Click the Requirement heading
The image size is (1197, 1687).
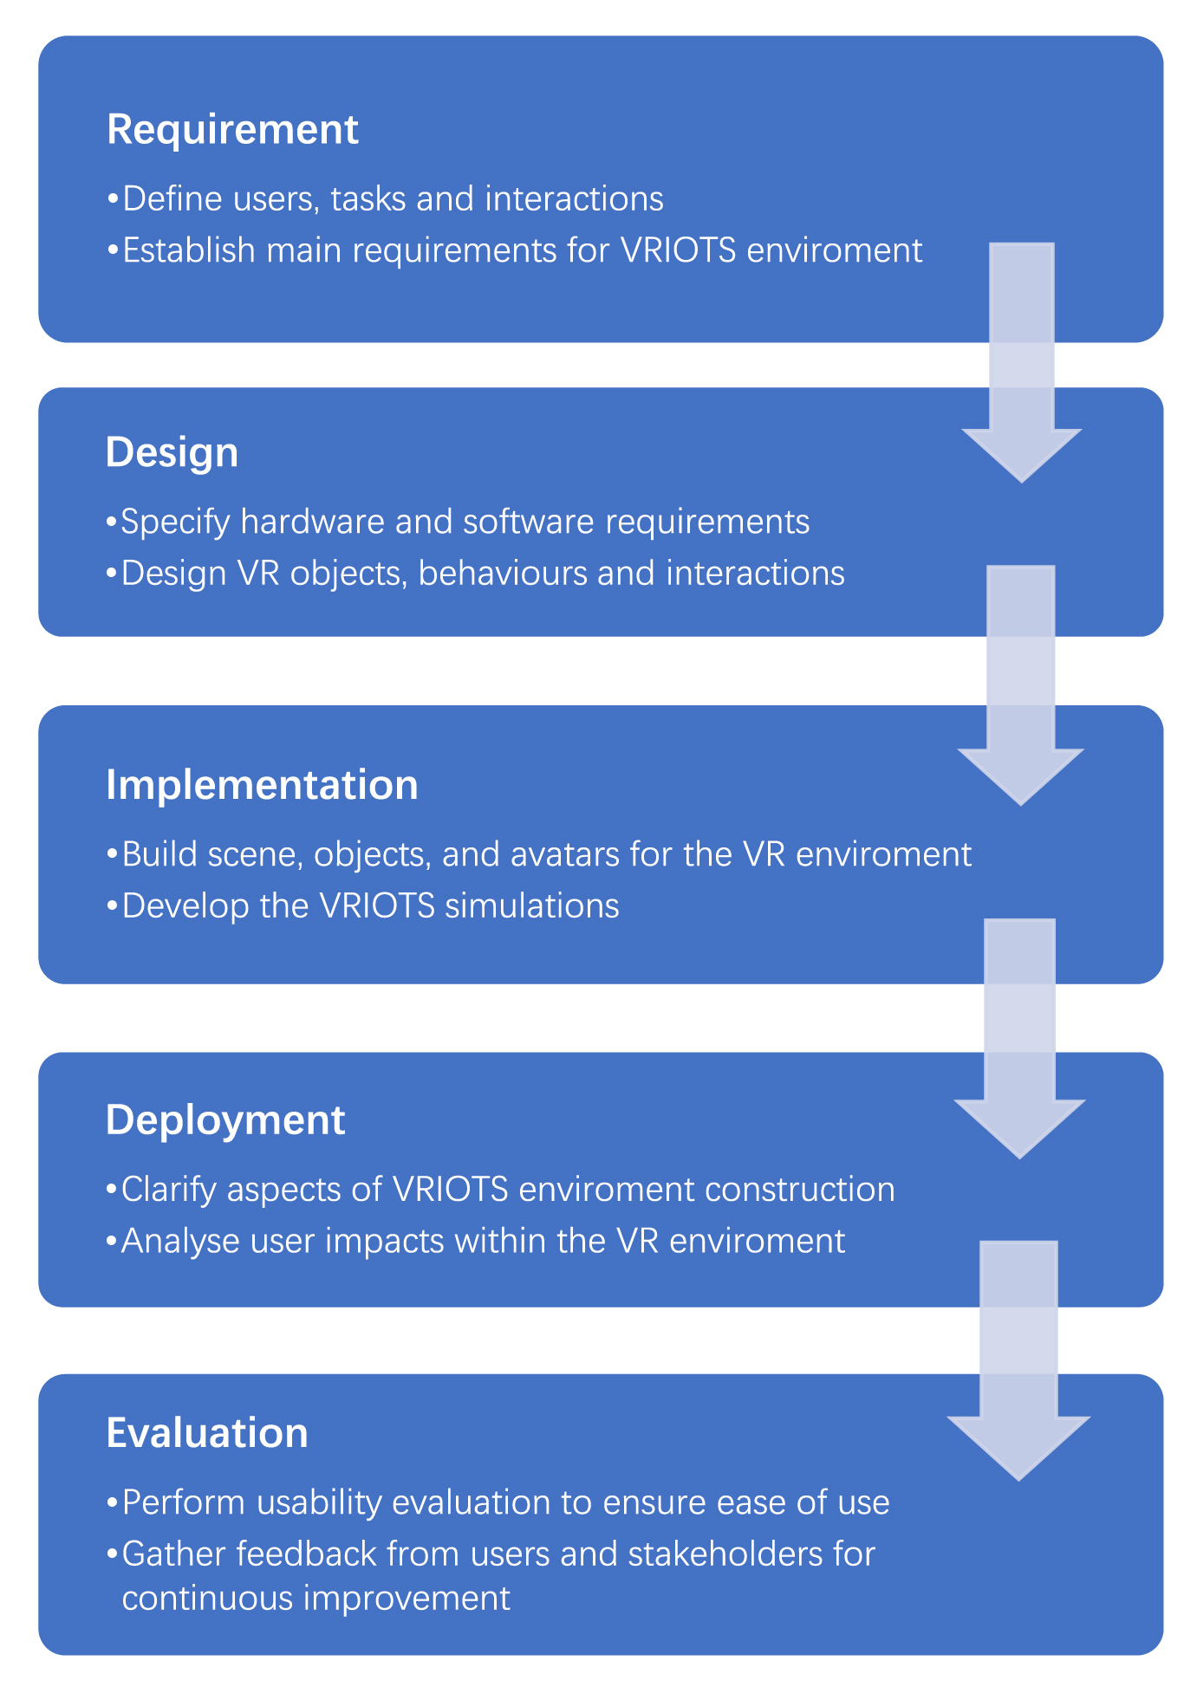(x=232, y=130)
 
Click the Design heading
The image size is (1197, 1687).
(x=172, y=452)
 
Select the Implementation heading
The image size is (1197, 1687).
(x=262, y=785)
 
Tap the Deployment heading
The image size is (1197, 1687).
(x=225, y=1120)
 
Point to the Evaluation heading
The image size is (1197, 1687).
(x=207, y=1433)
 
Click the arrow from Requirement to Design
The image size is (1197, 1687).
(x=1022, y=364)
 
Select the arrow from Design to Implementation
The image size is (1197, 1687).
(x=1021, y=685)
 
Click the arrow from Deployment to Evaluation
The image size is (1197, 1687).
(x=1018, y=1360)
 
